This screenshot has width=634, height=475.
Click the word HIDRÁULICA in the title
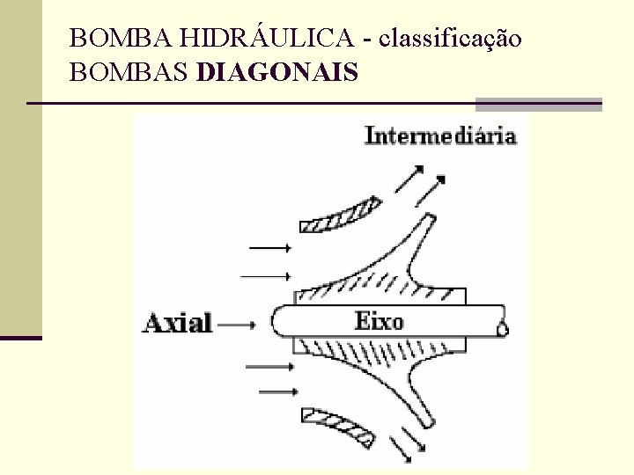tap(265, 39)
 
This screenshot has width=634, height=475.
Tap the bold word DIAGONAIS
tap(278, 72)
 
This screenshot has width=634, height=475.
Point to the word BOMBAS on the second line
tap(129, 72)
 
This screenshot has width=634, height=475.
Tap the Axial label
tap(177, 323)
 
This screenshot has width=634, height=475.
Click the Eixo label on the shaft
tap(379, 320)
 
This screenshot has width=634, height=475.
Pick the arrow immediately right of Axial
tap(235, 324)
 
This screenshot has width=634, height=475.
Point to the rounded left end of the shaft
tap(277, 320)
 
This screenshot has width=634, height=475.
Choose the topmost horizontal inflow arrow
tap(269, 247)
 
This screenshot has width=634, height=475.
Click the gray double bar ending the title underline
tap(538, 104)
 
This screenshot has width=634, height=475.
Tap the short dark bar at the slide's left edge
tap(21, 337)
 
